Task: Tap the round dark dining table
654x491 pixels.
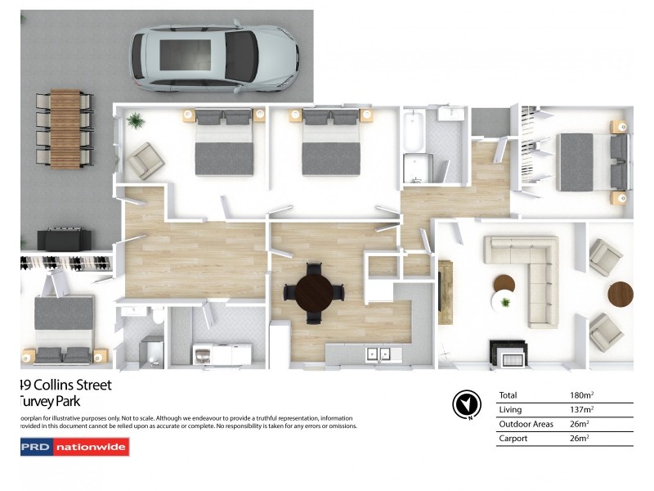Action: (315, 291)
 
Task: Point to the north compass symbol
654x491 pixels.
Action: (465, 403)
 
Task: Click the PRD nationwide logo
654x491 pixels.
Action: (74, 447)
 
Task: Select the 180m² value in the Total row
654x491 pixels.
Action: (581, 395)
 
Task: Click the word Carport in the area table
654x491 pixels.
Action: (513, 439)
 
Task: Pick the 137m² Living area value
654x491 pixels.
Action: (581, 409)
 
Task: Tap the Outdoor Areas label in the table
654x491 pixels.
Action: (526, 424)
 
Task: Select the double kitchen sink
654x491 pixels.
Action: (379, 354)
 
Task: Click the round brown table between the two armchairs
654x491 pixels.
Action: (620, 294)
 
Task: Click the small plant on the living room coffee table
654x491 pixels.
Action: (505, 302)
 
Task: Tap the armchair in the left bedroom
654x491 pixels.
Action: (146, 160)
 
